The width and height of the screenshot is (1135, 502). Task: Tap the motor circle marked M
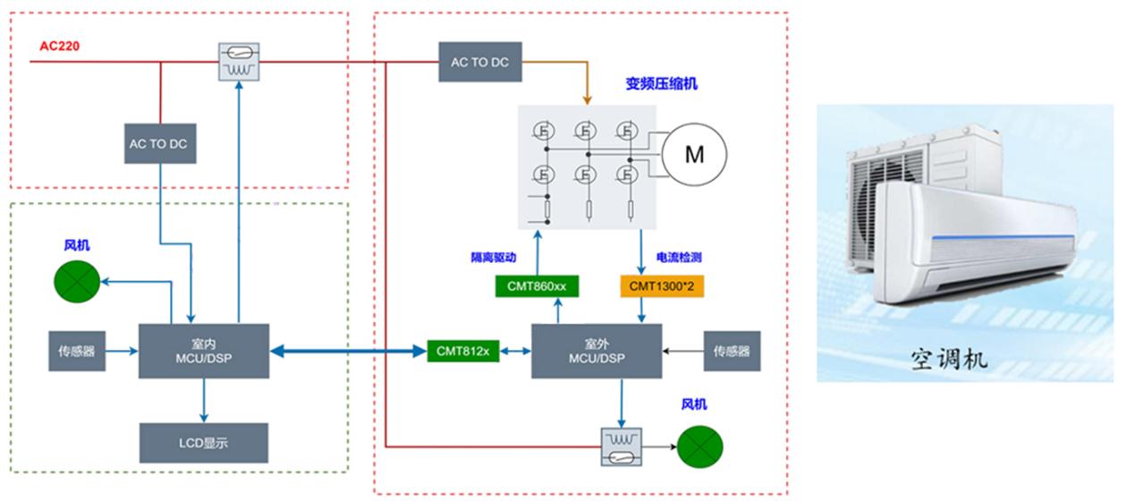click(694, 155)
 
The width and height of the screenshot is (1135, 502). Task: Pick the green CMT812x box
click(462, 352)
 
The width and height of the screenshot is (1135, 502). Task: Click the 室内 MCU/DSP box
click(205, 352)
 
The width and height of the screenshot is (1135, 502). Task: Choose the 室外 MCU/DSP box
click(597, 352)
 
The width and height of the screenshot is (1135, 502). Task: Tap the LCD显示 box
click(205, 443)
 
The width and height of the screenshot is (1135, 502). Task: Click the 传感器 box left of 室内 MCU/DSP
click(77, 352)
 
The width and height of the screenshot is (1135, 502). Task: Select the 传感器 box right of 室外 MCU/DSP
click(733, 352)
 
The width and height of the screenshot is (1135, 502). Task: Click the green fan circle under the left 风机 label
click(77, 280)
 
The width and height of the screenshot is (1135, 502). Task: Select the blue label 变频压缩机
click(661, 84)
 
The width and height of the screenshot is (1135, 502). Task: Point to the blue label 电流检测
click(679, 257)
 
